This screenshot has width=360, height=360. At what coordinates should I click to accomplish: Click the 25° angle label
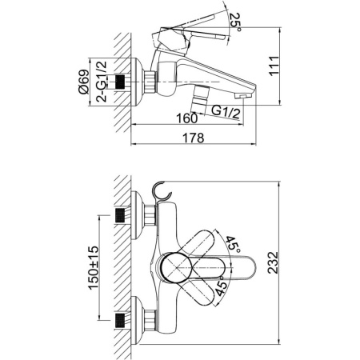pyautogui.click(x=234, y=22)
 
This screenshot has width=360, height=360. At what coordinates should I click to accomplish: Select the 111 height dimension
pyautogui.click(x=274, y=66)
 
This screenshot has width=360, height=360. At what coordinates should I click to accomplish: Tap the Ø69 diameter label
pyautogui.click(x=83, y=82)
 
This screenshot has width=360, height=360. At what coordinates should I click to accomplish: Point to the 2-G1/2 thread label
pyautogui.click(x=102, y=82)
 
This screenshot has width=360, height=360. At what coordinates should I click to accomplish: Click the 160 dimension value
pyautogui.click(x=187, y=118)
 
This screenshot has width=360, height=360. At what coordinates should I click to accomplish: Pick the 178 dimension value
pyautogui.click(x=193, y=138)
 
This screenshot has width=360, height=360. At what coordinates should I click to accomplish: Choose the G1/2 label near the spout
pyautogui.click(x=226, y=112)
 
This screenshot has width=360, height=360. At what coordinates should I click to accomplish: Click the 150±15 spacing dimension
pyautogui.click(x=94, y=268)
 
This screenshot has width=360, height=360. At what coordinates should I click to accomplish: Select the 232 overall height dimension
pyautogui.click(x=273, y=262)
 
